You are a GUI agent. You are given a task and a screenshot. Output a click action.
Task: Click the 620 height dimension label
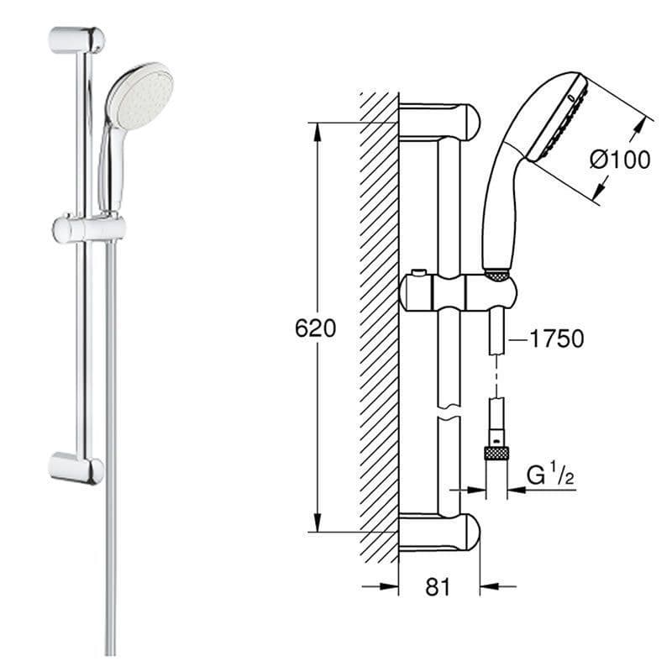click(315, 328)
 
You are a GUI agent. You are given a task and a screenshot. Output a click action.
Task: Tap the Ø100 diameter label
click(619, 159)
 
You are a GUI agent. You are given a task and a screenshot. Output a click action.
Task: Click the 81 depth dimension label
click(438, 586)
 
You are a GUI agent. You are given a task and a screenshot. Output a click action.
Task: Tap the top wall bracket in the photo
click(76, 39)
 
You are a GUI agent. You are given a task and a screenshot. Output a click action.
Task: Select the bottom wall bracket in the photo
click(76, 467)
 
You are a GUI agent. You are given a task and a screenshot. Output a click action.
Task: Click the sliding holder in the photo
click(88, 228)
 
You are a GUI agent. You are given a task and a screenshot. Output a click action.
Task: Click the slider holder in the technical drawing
click(458, 291)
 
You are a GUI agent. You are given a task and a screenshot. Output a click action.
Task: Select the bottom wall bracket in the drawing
click(438, 532)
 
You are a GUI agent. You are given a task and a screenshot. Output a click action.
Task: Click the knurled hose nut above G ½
click(497, 453)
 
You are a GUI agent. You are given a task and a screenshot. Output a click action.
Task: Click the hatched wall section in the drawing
click(378, 328)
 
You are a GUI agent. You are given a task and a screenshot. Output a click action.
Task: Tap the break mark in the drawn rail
click(449, 412)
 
